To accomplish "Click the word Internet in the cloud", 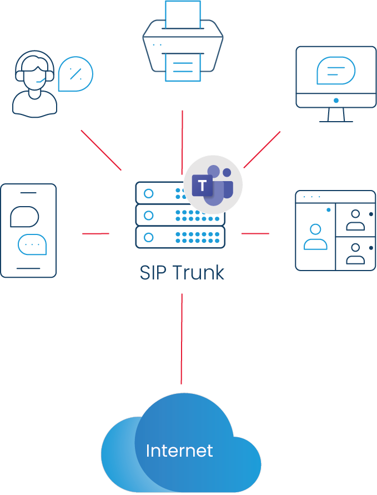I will pyautogui.click(x=179, y=451).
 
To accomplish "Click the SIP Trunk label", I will pyautogui.click(x=182, y=273).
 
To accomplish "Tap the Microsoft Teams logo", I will pyautogui.click(x=214, y=185).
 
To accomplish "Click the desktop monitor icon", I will pyautogui.click(x=336, y=83).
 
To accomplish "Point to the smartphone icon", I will pyautogui.click(x=28, y=230).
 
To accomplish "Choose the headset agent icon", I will pyautogui.click(x=34, y=84).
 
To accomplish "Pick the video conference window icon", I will pyautogui.click(x=335, y=231).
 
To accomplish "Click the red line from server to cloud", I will pyautogui.click(x=182, y=338).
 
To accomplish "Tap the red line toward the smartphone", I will pyautogui.click(x=95, y=233).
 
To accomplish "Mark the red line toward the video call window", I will pyautogui.click(x=255, y=233).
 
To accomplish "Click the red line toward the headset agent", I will pyautogui.click(x=101, y=150).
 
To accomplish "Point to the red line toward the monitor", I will pyautogui.click(x=262, y=149).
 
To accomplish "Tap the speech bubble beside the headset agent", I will pyautogui.click(x=76, y=74).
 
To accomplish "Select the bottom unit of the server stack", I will pyautogui.click(x=180, y=237).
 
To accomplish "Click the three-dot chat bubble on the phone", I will pyautogui.click(x=32, y=244).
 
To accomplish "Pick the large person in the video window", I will pyautogui.click(x=315, y=236).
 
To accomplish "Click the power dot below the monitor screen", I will pyautogui.click(x=336, y=101).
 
